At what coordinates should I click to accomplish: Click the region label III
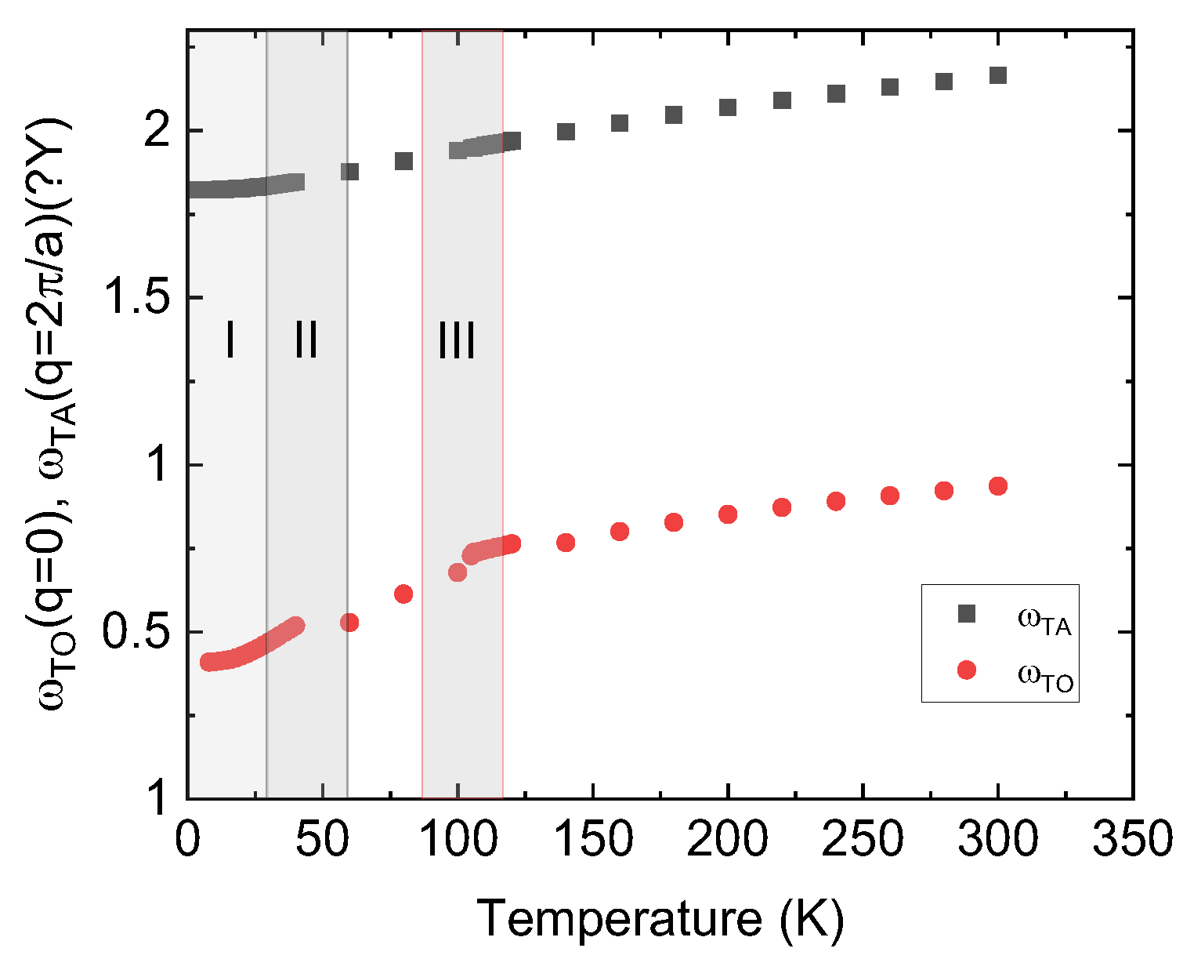pyautogui.click(x=456, y=341)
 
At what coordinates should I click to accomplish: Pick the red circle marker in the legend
pyautogui.click(x=967, y=670)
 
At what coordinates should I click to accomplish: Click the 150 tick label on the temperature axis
pyautogui.click(x=593, y=841)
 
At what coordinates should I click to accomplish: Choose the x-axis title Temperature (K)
pyautogui.click(x=660, y=918)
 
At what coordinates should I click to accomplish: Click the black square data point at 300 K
pyautogui.click(x=997, y=75)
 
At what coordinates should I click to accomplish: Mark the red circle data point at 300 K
pyautogui.click(x=997, y=486)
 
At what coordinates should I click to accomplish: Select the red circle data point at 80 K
pyautogui.click(x=403, y=594)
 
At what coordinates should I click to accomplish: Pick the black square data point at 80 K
pyautogui.click(x=403, y=162)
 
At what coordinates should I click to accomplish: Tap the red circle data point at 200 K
pyautogui.click(x=728, y=514)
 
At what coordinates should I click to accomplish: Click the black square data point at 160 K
pyautogui.click(x=620, y=123)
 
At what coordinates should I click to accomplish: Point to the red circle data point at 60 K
pyautogui.click(x=349, y=623)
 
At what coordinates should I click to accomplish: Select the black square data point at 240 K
pyautogui.click(x=836, y=94)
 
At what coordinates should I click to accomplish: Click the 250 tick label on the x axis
pyautogui.click(x=863, y=841)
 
